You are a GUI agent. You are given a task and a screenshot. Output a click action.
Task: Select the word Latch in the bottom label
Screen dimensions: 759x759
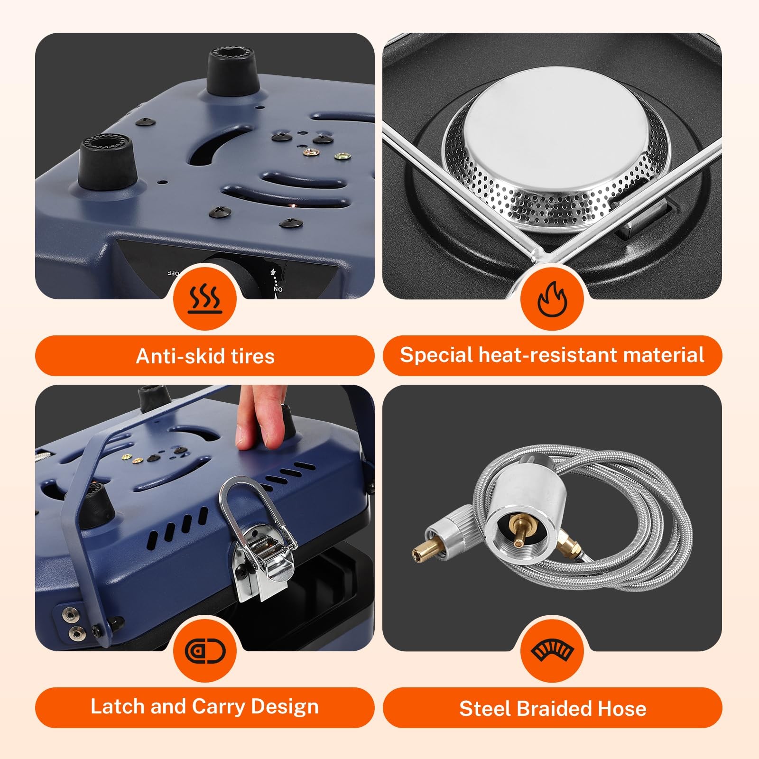pos(118,706)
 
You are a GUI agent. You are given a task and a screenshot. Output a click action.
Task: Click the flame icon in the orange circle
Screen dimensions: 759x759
pos(552,299)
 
